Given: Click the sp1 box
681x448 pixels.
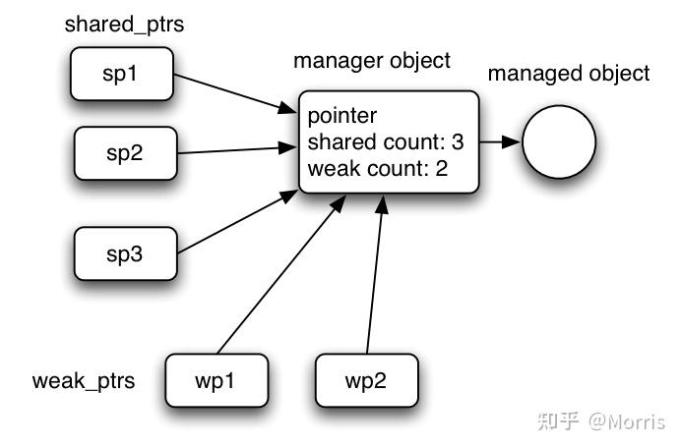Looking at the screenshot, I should (x=120, y=76).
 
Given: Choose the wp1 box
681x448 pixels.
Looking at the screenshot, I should (x=216, y=379).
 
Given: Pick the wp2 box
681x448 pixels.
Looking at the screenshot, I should (x=366, y=379).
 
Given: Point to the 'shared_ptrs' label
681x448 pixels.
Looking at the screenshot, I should (x=124, y=25).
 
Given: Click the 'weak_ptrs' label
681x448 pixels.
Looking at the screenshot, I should (x=84, y=380).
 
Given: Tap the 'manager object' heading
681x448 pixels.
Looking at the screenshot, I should (x=371, y=61).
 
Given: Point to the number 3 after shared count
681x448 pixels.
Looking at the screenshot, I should (x=458, y=142).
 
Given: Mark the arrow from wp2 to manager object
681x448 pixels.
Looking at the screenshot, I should (x=375, y=275).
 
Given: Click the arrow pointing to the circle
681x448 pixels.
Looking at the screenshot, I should (x=501, y=142).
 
